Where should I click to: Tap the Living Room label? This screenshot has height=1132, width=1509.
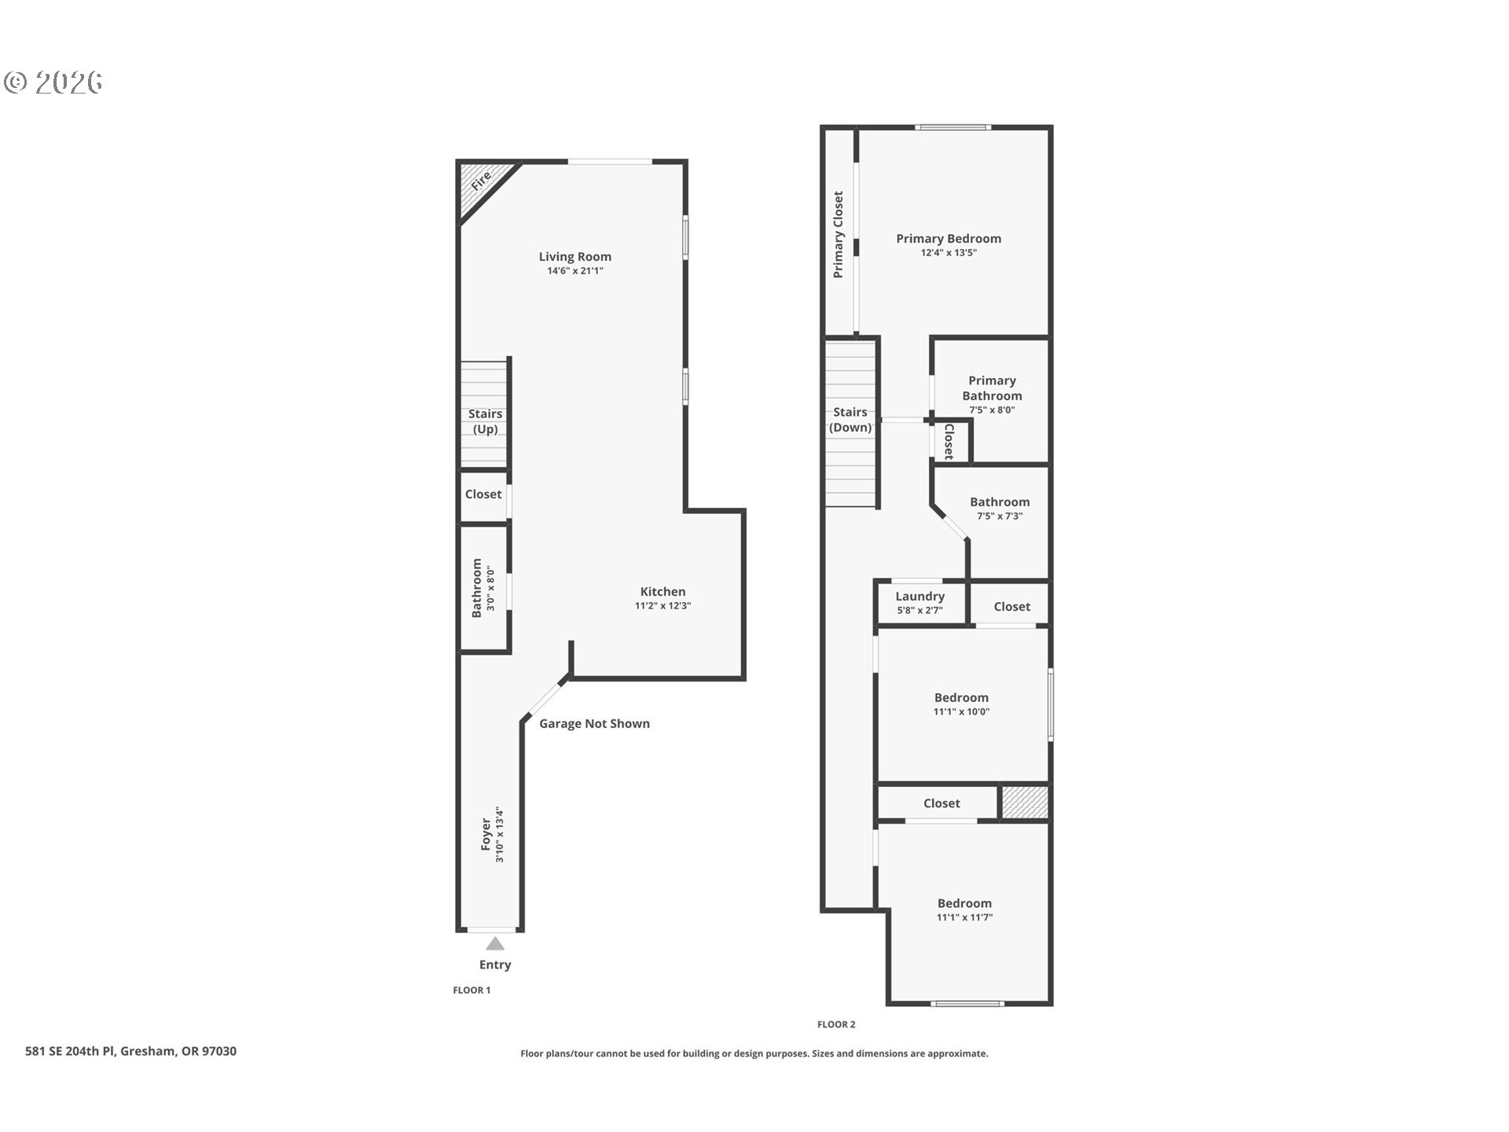pyautogui.click(x=575, y=256)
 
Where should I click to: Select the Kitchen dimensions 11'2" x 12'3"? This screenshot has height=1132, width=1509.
pyautogui.click(x=663, y=606)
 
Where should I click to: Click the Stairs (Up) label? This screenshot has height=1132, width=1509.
pyautogui.click(x=485, y=421)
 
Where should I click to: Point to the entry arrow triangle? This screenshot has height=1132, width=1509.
pyautogui.click(x=495, y=943)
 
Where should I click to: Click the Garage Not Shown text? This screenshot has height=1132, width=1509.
pyautogui.click(x=594, y=723)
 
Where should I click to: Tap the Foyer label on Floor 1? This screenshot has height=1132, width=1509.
pyautogui.click(x=486, y=834)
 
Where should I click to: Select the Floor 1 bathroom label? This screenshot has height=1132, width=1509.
pyautogui.click(x=477, y=588)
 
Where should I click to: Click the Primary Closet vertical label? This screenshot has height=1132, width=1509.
pyautogui.click(x=839, y=234)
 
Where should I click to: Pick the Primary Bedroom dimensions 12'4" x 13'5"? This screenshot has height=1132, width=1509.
pyautogui.click(x=949, y=253)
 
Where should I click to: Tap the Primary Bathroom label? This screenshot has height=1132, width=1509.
pyautogui.click(x=992, y=388)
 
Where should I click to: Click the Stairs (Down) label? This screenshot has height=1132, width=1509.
pyautogui.click(x=850, y=420)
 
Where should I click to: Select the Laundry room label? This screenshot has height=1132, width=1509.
pyautogui.click(x=920, y=597)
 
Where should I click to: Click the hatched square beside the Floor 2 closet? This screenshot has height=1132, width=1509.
pyautogui.click(x=1024, y=802)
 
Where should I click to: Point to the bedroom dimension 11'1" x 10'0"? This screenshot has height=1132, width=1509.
pyautogui.click(x=961, y=712)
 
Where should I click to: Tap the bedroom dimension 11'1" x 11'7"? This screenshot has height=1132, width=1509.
pyautogui.click(x=964, y=917)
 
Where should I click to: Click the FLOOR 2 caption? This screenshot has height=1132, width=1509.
pyautogui.click(x=836, y=1024)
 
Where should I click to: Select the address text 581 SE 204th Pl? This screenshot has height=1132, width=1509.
pyautogui.click(x=130, y=1051)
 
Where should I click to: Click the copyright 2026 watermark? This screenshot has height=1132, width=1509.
pyautogui.click(x=53, y=83)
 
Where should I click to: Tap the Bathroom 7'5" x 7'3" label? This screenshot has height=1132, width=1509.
pyautogui.click(x=999, y=502)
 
